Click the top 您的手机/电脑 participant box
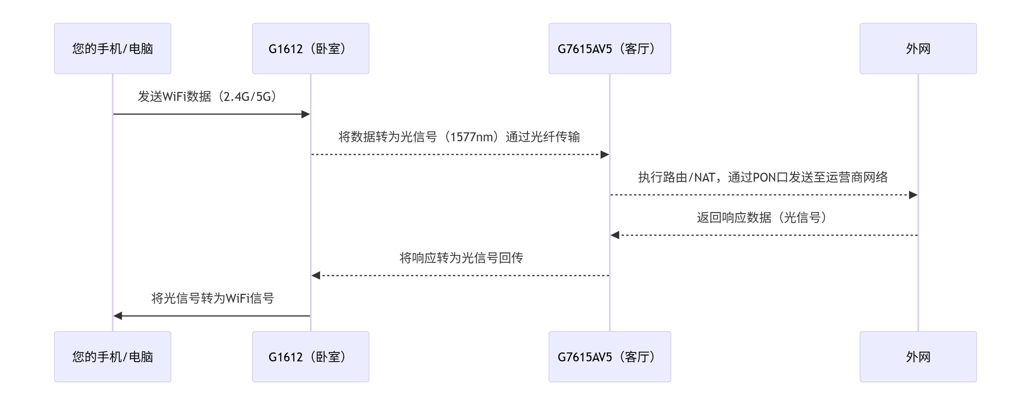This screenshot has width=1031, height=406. pyautogui.click(x=113, y=49)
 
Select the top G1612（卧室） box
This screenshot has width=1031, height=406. pyautogui.click(x=310, y=49)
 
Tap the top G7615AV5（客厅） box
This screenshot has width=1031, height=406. pyautogui.click(x=610, y=49)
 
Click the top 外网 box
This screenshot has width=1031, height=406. pyautogui.click(x=918, y=49)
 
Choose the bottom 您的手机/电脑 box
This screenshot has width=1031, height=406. pyautogui.click(x=113, y=356)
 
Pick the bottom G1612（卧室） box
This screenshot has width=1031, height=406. pyautogui.click(x=310, y=356)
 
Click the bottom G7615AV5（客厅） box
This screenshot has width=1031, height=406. pyautogui.click(x=610, y=356)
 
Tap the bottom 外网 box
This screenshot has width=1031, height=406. pyautogui.click(x=918, y=356)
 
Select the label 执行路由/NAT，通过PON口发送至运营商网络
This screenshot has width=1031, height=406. pyautogui.click(x=763, y=177)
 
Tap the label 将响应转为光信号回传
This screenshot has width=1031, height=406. pyautogui.click(x=461, y=258)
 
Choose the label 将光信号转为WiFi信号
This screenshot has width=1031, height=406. pyautogui.click(x=212, y=298)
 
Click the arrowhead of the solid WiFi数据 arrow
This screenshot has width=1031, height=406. pyautogui.click(x=306, y=115)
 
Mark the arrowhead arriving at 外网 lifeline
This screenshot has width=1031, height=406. pyautogui.click(x=913, y=195)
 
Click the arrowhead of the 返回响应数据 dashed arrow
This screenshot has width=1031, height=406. pyautogui.click(x=615, y=235)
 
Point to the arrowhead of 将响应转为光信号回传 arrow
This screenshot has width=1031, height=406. pyautogui.click(x=316, y=276)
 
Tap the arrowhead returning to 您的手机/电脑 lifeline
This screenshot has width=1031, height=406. pyautogui.click(x=118, y=316)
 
